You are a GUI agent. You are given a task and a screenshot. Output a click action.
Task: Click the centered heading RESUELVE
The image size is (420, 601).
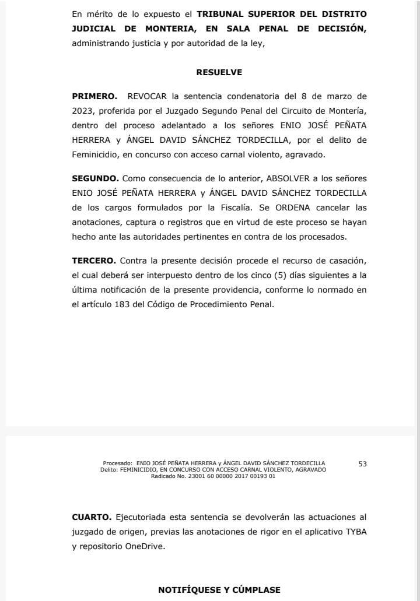pyautogui.click(x=219, y=73)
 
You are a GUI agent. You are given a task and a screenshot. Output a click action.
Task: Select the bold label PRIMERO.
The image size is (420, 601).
pyautogui.click(x=94, y=96)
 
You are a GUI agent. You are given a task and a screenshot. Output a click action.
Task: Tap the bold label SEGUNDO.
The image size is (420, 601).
pyautogui.click(x=95, y=178)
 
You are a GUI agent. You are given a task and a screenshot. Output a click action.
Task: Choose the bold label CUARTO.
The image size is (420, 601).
pyautogui.click(x=92, y=516)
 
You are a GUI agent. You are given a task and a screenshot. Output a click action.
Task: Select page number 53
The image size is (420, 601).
pyautogui.click(x=362, y=464)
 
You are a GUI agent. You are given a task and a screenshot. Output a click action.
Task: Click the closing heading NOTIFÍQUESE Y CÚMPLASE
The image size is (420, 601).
pyautogui.click(x=219, y=590)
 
